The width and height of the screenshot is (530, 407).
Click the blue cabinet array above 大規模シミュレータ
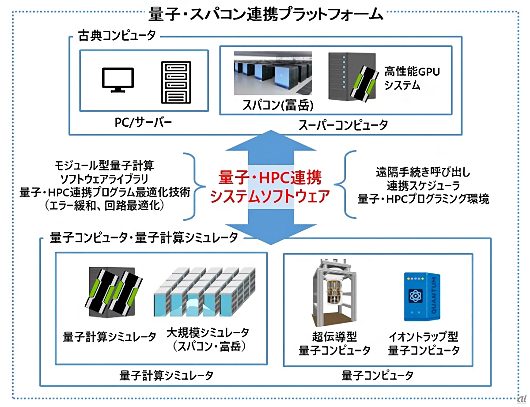click(204, 296)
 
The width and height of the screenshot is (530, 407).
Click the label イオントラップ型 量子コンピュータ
click(424, 344)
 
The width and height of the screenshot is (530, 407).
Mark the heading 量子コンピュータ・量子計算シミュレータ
click(144, 237)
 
